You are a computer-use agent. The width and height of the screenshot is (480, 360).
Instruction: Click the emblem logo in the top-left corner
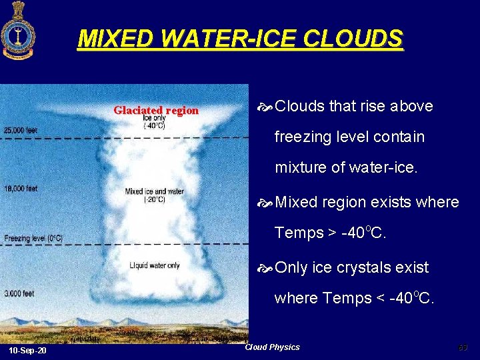click(x=19, y=31)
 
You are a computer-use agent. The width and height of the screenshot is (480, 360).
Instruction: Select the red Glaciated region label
click(x=156, y=111)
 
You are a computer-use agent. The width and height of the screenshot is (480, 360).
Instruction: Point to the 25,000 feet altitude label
click(x=21, y=130)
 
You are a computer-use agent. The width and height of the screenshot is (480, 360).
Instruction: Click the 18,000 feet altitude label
click(x=21, y=189)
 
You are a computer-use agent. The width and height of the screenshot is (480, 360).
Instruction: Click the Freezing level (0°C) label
click(x=33, y=238)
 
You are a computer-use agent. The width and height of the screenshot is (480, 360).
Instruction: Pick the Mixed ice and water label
click(x=154, y=195)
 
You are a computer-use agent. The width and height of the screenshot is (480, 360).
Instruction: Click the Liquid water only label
click(x=154, y=265)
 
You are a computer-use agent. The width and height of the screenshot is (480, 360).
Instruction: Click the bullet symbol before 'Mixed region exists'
click(x=265, y=203)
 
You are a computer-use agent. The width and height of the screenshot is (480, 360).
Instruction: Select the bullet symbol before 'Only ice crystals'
click(x=265, y=268)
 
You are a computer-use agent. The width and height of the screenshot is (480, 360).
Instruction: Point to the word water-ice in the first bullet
click(x=388, y=167)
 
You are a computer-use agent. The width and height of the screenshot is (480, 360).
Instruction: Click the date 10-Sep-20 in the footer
click(x=28, y=351)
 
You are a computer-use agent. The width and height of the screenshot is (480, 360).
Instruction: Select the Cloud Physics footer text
click(x=272, y=347)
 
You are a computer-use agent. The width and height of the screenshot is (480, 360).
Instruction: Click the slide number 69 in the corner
click(x=463, y=347)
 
